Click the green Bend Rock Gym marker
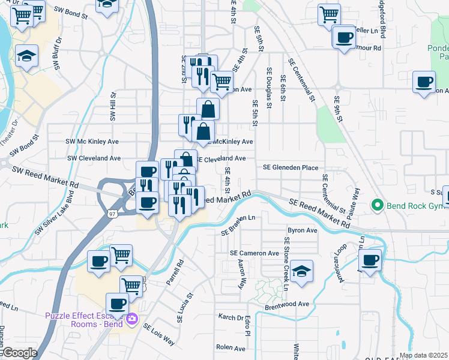point(378,206)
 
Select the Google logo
point(19,353)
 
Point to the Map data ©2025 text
point(423,355)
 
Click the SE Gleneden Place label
point(290,168)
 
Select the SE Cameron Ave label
point(255,253)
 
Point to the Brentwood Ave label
point(286,304)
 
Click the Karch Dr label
point(231,317)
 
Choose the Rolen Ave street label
point(231,348)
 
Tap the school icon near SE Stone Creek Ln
point(302,271)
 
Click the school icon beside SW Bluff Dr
point(27,57)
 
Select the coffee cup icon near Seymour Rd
point(345,37)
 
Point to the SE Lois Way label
point(158,334)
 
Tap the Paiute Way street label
point(357,202)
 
